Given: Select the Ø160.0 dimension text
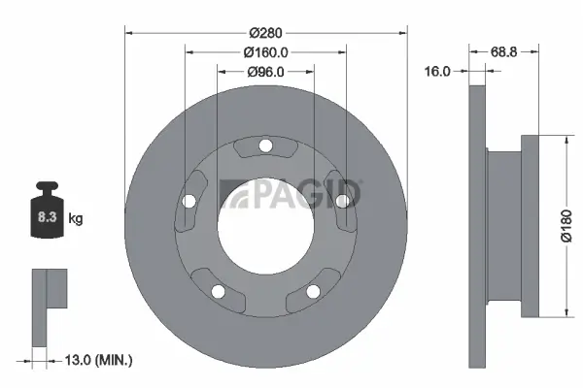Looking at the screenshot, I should [265, 50].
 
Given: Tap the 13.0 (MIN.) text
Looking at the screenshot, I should [96, 360].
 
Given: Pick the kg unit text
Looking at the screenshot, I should [76, 219].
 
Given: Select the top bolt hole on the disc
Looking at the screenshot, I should [265, 146].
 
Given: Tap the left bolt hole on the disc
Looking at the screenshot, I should [189, 202].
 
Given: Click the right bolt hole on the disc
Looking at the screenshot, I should [342, 202].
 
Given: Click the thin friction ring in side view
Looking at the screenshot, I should [476, 224].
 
